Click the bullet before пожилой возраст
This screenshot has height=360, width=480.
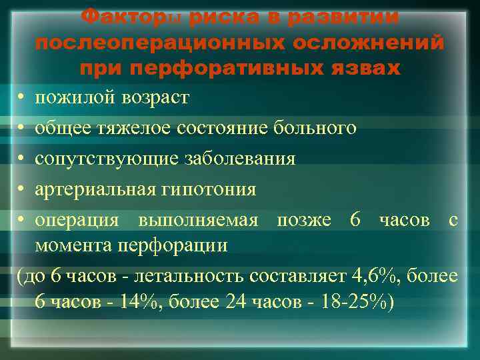tap(23, 98)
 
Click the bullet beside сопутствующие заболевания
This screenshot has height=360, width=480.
tap(23, 159)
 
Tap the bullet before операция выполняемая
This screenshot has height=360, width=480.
tap(23, 220)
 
